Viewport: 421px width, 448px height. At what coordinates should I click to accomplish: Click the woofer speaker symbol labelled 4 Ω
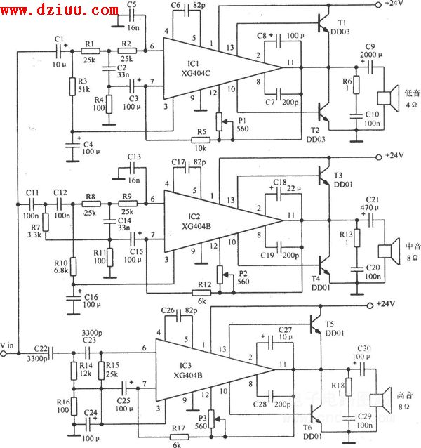(x=385, y=99)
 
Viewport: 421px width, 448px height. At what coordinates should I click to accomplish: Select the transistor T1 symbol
(x=324, y=25)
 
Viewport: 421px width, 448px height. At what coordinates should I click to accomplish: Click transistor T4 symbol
(x=324, y=265)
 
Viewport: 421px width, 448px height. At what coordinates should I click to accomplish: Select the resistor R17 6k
(x=178, y=435)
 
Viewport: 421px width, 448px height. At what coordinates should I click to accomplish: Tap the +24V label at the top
(x=394, y=4)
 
